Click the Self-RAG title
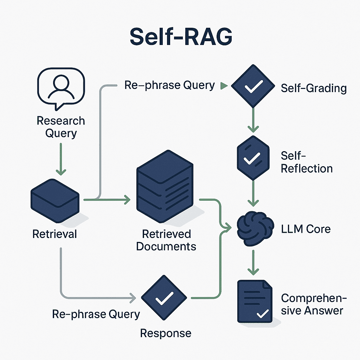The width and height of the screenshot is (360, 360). (180, 36)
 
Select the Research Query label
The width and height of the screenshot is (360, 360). (61, 127)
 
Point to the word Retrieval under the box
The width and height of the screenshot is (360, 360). (54, 234)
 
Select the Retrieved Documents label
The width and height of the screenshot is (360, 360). (166, 240)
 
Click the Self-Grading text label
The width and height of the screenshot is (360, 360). (314, 88)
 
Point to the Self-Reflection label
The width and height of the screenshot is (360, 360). (307, 162)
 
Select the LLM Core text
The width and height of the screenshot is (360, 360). (306, 229)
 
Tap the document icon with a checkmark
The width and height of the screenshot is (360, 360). (255, 301)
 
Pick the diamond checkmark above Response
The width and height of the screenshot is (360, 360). (164, 298)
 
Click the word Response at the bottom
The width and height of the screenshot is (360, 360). (166, 333)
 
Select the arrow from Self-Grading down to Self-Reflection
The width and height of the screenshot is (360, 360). (252, 120)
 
